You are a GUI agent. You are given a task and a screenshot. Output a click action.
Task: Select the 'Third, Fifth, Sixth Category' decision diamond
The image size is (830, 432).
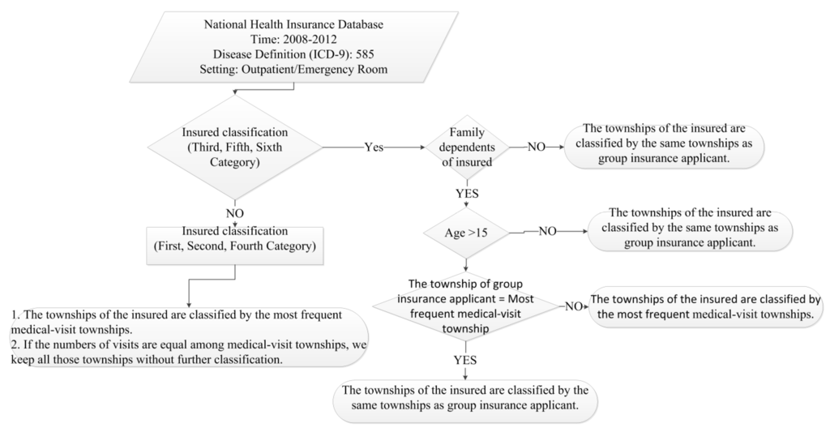[235, 148]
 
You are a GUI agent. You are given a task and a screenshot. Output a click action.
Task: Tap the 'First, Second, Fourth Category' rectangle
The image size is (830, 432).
[235, 239]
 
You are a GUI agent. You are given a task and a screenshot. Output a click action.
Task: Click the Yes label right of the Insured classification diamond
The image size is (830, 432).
[374, 148]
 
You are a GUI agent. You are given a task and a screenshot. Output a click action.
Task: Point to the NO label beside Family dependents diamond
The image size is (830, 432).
[537, 148]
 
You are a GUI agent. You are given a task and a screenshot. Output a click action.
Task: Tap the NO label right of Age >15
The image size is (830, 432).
[548, 232]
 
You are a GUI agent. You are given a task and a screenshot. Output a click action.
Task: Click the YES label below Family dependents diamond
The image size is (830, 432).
[467, 194]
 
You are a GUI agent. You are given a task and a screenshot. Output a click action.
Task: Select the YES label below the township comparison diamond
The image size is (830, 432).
[464, 358]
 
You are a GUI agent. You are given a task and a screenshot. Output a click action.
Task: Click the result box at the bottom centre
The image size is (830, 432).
[465, 398]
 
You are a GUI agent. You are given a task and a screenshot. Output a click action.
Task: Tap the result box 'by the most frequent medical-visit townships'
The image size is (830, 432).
[707, 306]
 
